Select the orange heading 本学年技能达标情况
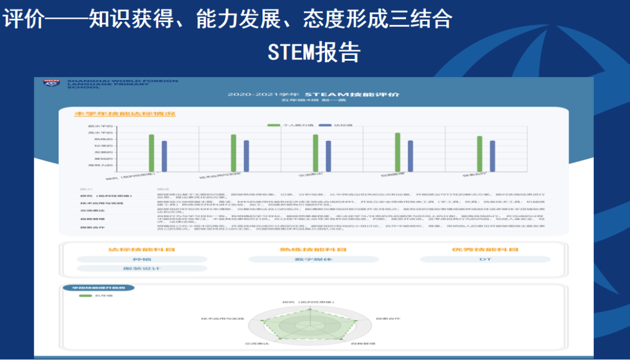pos(124,113)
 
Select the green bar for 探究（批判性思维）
pos(151,153)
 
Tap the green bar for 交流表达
pos(315,153)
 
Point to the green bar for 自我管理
pos(397,152)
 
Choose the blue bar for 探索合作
pos(492,155)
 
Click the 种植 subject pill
pos(142,258)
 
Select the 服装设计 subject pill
pos(142,268)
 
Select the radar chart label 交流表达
pos(257,344)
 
